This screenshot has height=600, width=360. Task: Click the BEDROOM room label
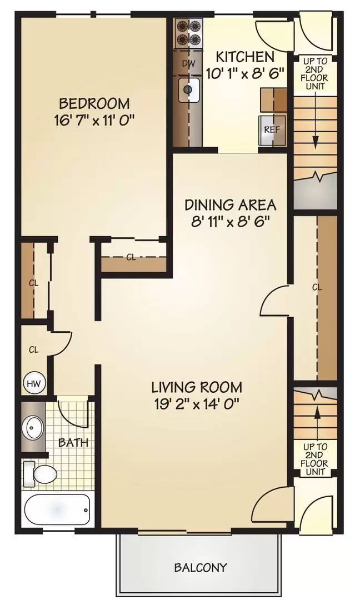point(94,104)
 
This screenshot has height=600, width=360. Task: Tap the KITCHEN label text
point(245,57)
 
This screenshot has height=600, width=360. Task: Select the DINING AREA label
point(231,204)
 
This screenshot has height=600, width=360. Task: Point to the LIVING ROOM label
point(197,387)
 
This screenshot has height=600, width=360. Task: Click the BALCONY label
point(201,567)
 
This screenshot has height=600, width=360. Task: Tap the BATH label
point(73,443)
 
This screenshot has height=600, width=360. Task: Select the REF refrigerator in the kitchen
point(272,129)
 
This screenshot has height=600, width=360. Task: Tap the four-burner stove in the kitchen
point(188,33)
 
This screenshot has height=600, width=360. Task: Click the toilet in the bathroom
point(41,474)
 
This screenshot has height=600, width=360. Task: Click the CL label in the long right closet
point(317,287)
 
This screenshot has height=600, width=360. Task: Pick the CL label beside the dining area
point(131,258)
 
